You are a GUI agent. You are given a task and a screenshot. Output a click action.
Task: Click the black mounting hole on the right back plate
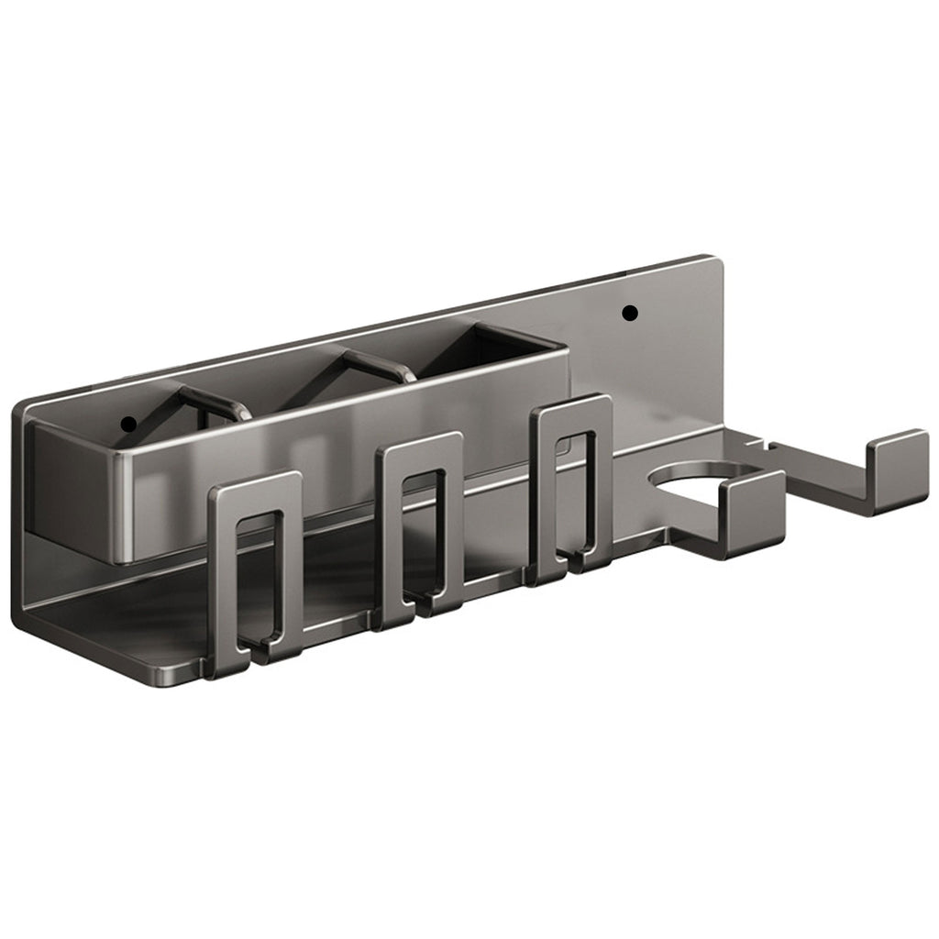click(x=629, y=314)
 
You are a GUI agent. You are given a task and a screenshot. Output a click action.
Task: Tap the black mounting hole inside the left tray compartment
click(x=128, y=424)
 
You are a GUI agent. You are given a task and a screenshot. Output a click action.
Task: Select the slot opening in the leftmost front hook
click(x=258, y=578)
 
